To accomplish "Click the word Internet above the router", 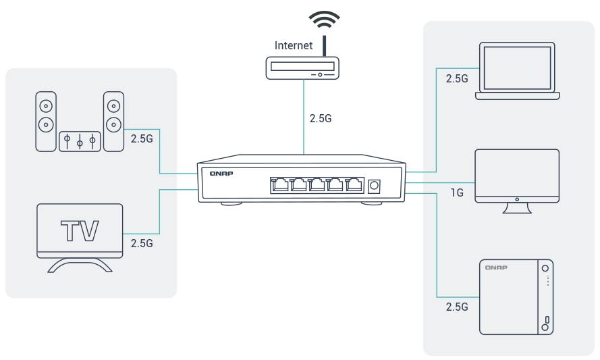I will pos(294,46).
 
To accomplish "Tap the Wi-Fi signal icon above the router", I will pos(324,20).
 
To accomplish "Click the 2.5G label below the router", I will pos(321,118).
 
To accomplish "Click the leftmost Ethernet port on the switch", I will pos(279,184).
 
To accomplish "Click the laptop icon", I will pos(517,70).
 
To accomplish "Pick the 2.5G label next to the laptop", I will pos(457,78).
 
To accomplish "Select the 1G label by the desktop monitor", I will pos(457,193).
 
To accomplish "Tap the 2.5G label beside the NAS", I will pos(457,307).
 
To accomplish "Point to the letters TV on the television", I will pos(80,230).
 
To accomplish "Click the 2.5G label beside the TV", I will pos(142,243).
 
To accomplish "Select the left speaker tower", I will pos(46,122).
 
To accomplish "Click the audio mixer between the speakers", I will pos(80,141).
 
